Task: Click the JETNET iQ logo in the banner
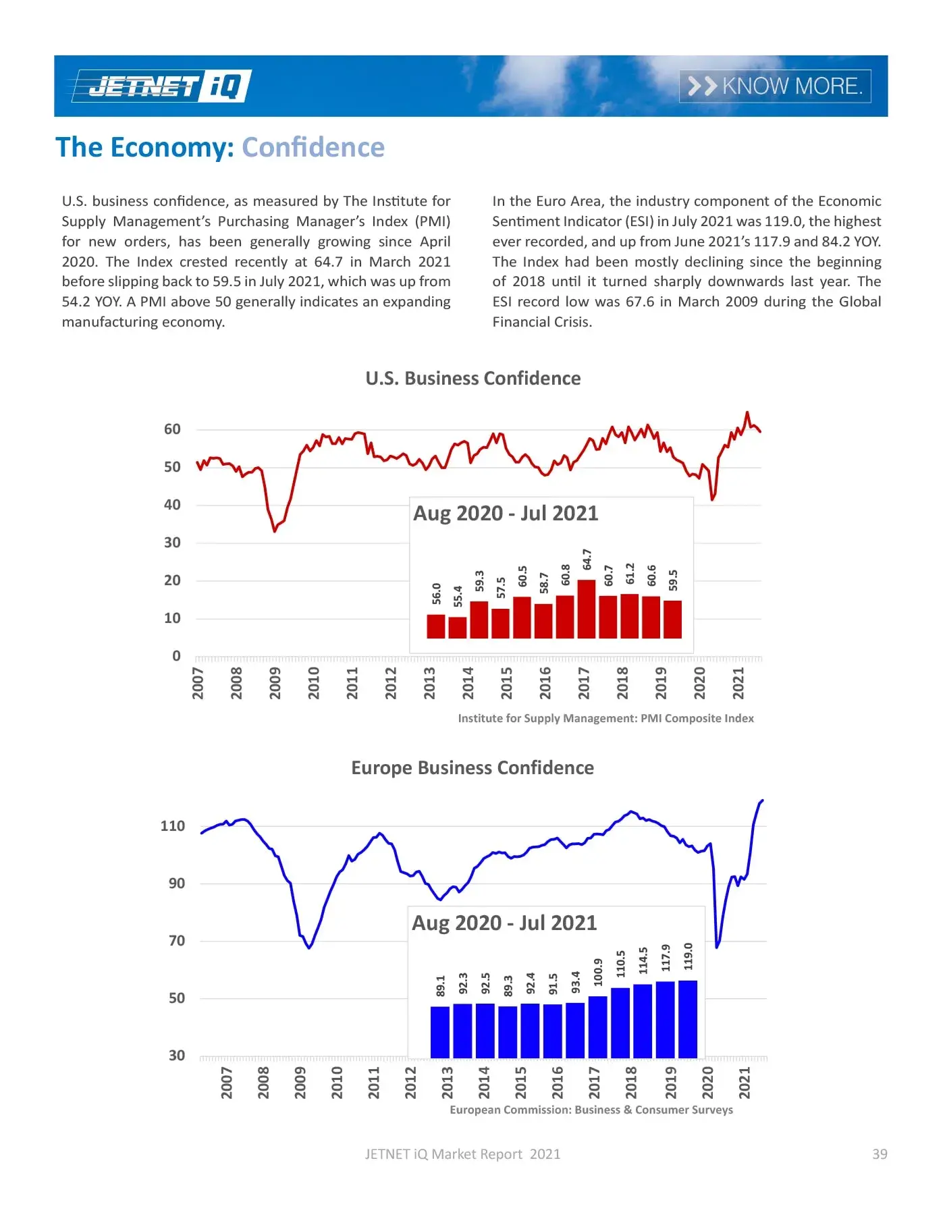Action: [x=162, y=86]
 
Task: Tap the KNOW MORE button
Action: [x=774, y=86]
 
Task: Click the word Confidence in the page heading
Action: [x=313, y=147]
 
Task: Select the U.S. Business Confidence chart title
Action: [x=473, y=379]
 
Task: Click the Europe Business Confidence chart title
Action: [x=473, y=768]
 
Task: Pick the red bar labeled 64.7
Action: [x=587, y=609]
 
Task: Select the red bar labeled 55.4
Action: [x=458, y=627]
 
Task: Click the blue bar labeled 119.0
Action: [x=688, y=1018]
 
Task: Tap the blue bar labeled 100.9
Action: [x=598, y=1027]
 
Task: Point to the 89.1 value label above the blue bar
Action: [x=441, y=985]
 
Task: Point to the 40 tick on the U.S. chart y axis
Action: [x=172, y=505]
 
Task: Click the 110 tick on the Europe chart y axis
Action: [x=172, y=826]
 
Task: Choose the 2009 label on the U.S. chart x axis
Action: [x=275, y=682]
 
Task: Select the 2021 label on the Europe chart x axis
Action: [x=745, y=1082]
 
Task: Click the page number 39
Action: [x=880, y=1154]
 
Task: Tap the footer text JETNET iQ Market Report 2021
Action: [x=462, y=1154]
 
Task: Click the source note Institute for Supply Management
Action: [x=605, y=718]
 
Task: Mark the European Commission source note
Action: [x=591, y=1110]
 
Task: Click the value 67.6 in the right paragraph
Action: [x=640, y=302]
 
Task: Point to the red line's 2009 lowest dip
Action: [x=274, y=531]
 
